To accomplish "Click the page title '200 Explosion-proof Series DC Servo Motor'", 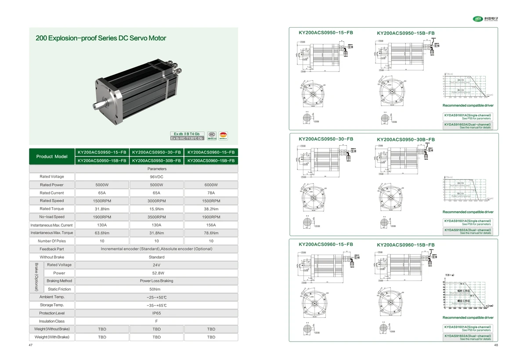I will click(101, 38).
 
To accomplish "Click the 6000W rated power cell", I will click(211, 185).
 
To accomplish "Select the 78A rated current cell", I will click(211, 193).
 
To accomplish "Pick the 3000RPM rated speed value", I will click(156, 201).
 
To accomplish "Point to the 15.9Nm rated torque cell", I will click(156, 209).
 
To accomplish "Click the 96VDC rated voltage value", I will click(156, 177).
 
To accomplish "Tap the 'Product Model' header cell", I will click(52, 156).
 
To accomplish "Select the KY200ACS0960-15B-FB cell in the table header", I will click(211, 161).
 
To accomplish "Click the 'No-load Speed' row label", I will click(52, 217).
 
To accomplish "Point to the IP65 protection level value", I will click(156, 313).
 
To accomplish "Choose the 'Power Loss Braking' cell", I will click(156, 281).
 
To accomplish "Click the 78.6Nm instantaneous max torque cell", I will click(211, 233).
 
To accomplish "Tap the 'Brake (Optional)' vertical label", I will click(36, 277).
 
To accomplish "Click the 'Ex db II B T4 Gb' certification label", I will click(187, 133).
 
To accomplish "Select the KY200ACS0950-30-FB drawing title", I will click(325, 139).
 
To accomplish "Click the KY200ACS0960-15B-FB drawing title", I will click(406, 245).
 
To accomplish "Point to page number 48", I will click(496, 345).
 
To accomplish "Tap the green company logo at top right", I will click(477, 18).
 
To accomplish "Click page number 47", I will click(31, 345).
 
